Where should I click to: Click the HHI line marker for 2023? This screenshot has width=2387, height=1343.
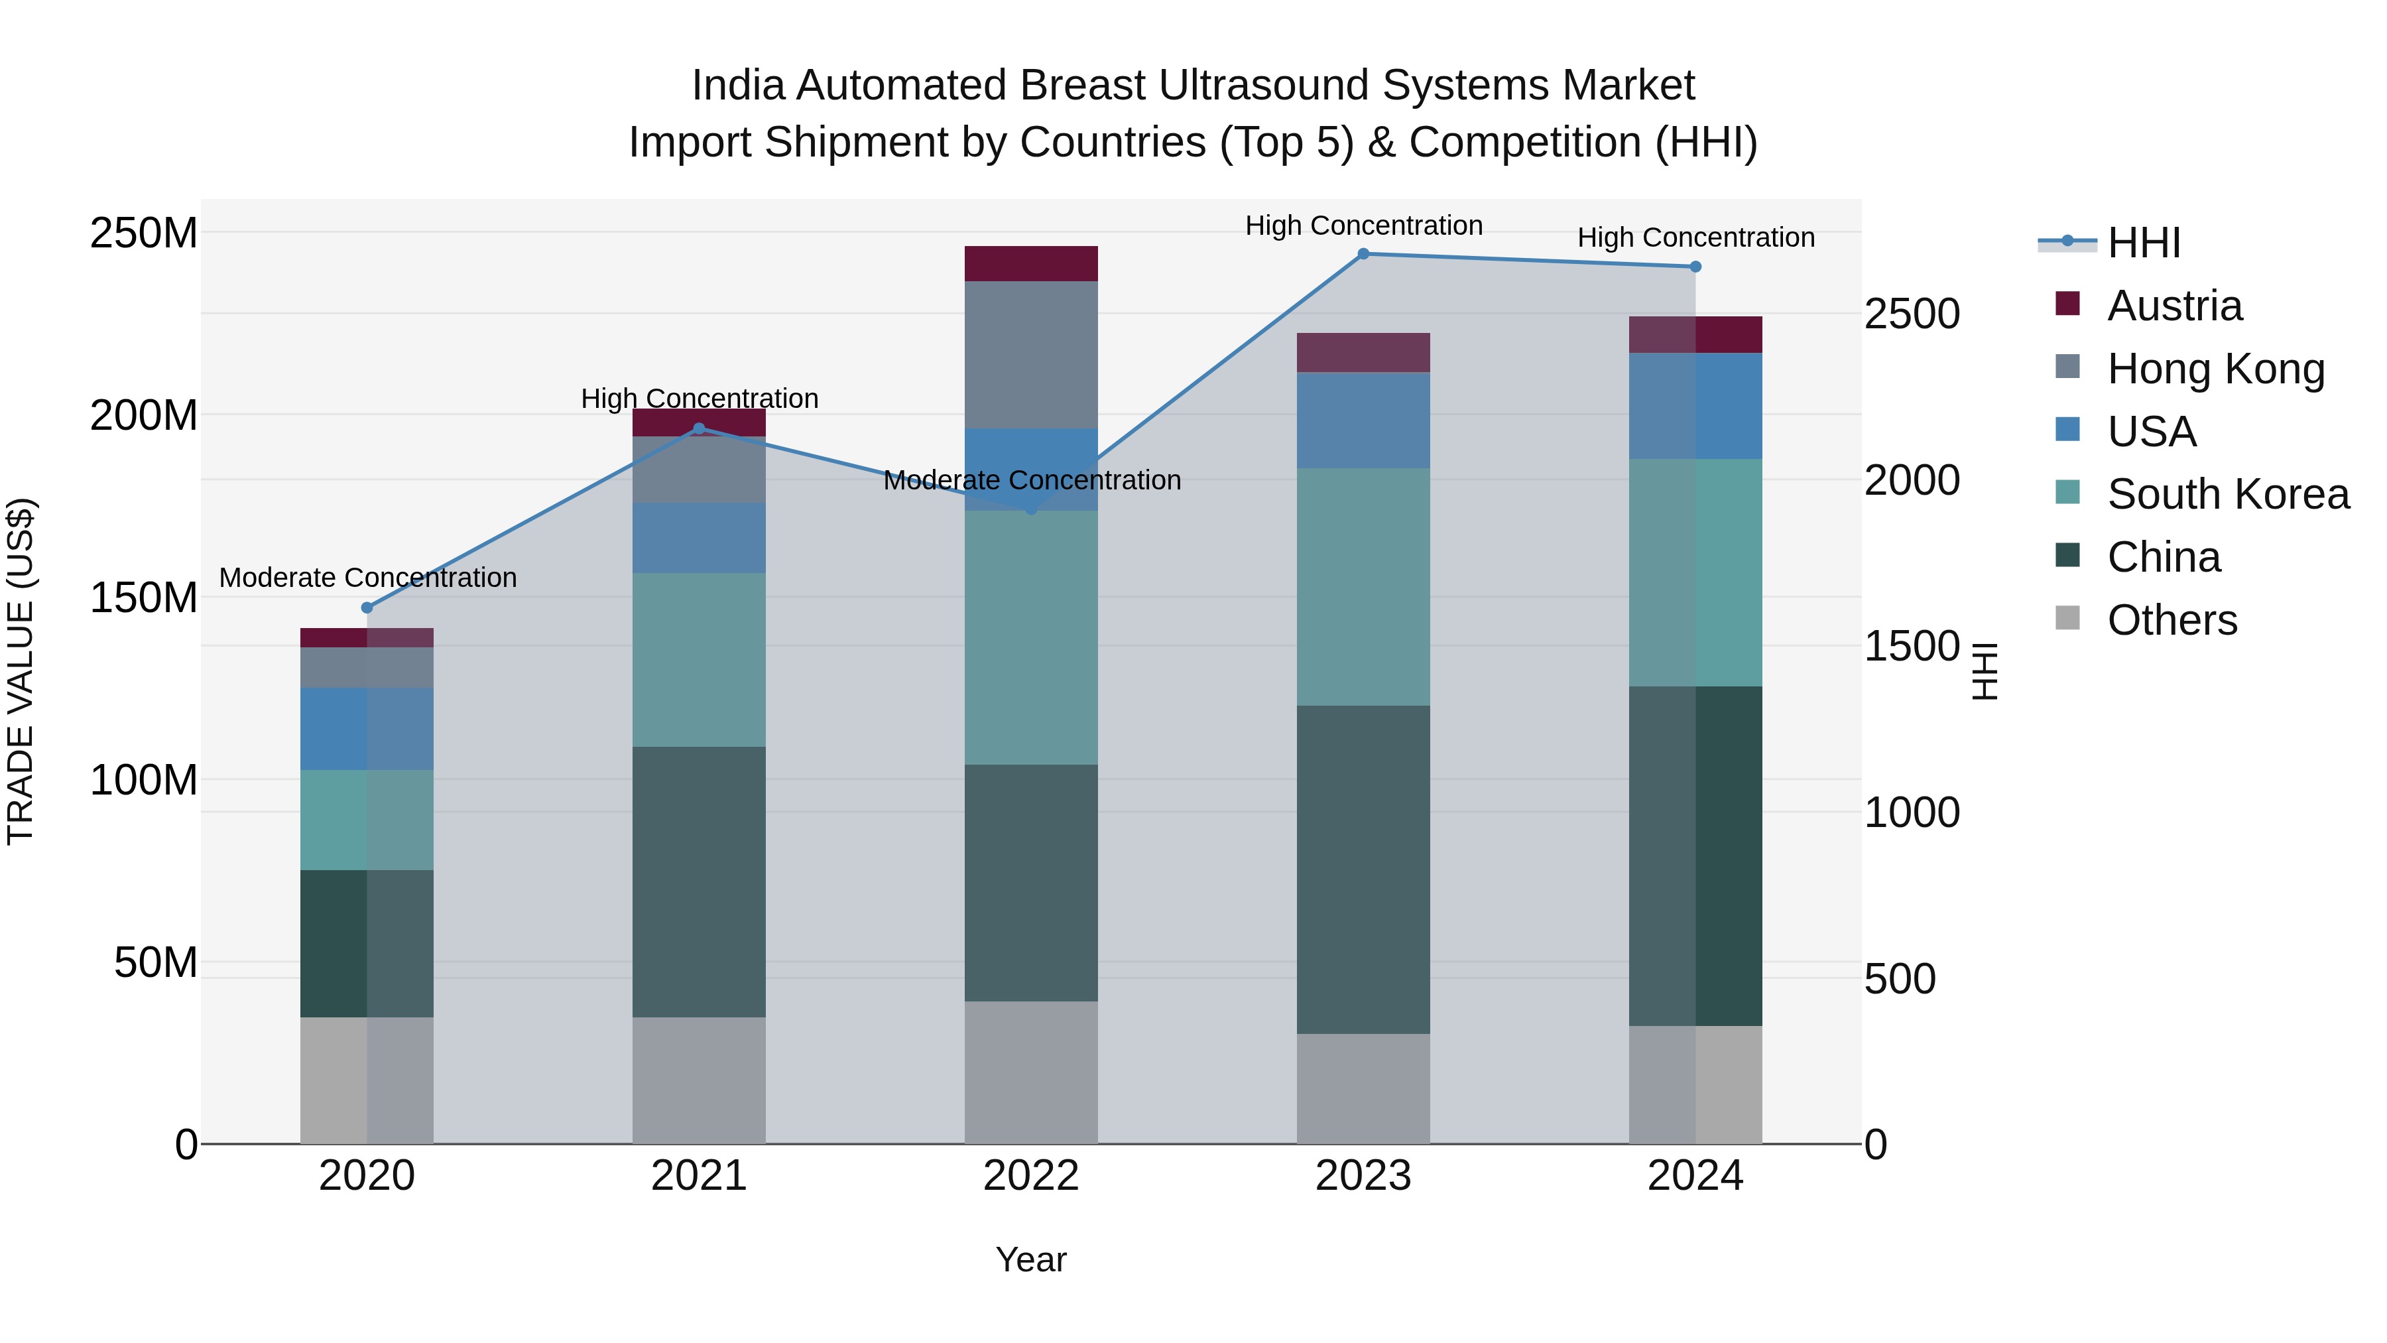(x=1363, y=254)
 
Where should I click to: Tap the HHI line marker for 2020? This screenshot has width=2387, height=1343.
(x=367, y=608)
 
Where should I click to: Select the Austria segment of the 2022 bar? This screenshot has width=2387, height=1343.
(x=1031, y=264)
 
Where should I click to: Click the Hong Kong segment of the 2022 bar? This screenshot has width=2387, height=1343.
(x=1031, y=355)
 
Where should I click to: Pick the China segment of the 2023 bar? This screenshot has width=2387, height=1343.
(x=1363, y=869)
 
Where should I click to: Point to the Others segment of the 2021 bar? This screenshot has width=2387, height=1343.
(x=699, y=1081)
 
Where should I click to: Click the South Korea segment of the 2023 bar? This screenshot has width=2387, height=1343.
(x=1363, y=587)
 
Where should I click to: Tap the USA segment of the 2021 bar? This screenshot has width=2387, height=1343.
(x=699, y=538)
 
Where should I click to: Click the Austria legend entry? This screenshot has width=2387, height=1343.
(x=2174, y=306)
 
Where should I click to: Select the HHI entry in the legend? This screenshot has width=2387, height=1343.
(x=2142, y=243)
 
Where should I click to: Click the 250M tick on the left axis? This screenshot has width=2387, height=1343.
(x=144, y=233)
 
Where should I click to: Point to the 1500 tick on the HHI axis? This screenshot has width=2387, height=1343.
(x=1911, y=646)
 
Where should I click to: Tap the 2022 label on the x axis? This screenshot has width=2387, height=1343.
(x=1031, y=1176)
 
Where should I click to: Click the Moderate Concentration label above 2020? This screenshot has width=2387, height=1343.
(x=368, y=578)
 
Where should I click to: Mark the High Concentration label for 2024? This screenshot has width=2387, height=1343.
(x=1695, y=237)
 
